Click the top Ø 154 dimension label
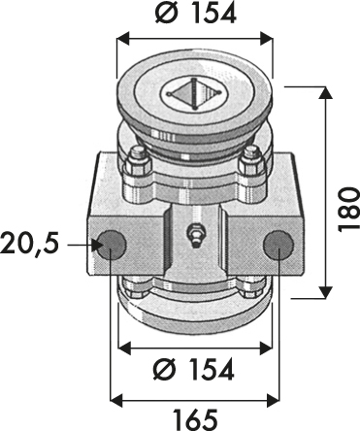coord(195,14)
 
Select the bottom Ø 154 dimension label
coord(193,369)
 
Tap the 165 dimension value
coord(194,419)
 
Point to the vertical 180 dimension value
coord(348,209)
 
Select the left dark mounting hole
coord(110,245)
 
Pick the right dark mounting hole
coord(278,245)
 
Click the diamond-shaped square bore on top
coord(194,94)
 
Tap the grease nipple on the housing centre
coord(194,236)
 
